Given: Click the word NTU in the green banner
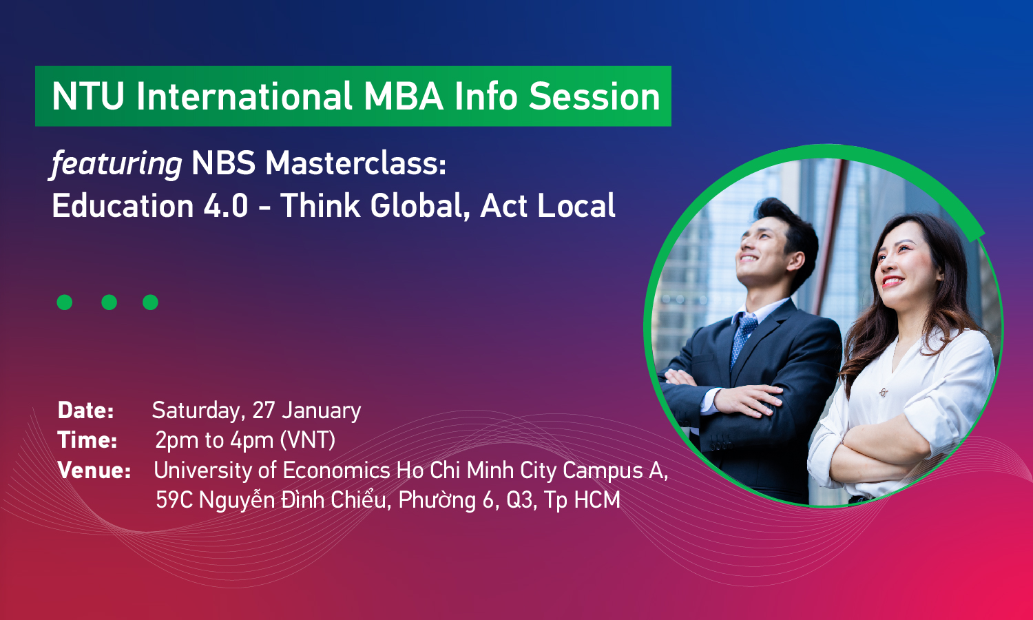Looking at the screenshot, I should pos(88,96).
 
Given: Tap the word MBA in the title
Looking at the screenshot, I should pos(404,96).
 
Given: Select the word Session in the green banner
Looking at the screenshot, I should pos(594,96).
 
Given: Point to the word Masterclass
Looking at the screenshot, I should pos(355,164).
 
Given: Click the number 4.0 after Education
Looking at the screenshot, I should pos(226,206).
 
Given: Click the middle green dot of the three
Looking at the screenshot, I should pos(109,302).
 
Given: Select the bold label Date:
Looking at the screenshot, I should pos(86,411).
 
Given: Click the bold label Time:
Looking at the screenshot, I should pos(87,440).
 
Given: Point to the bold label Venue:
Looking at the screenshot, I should pos(94,471).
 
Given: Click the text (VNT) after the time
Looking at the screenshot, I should pos(308,440).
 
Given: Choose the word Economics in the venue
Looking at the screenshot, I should pos(336,471).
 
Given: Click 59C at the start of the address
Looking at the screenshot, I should pos(174,500).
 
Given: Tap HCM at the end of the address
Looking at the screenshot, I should pos(596,500).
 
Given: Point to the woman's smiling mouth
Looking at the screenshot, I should pos(893,281).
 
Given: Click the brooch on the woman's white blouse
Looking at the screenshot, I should pos(883,393).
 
